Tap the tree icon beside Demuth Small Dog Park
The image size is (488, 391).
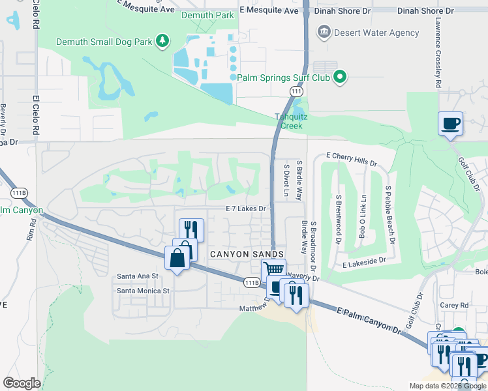pos(162,42)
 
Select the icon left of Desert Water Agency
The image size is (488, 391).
pos(324,33)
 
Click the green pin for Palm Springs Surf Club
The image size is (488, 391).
pos(339,78)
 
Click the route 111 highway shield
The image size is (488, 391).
pos(297,92)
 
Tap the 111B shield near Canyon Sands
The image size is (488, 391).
pos(252,282)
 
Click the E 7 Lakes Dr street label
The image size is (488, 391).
pos(247,209)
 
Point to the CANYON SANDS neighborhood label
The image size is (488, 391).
pos(246,253)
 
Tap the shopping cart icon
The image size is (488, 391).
pos(273,269)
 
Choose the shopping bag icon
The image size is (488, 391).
pos(177,257)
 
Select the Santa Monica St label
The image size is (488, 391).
pos(143,291)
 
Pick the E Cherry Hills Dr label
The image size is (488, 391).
pos(351,156)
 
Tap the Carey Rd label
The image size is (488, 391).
pos(455,304)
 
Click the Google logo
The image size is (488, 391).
pos(22,383)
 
